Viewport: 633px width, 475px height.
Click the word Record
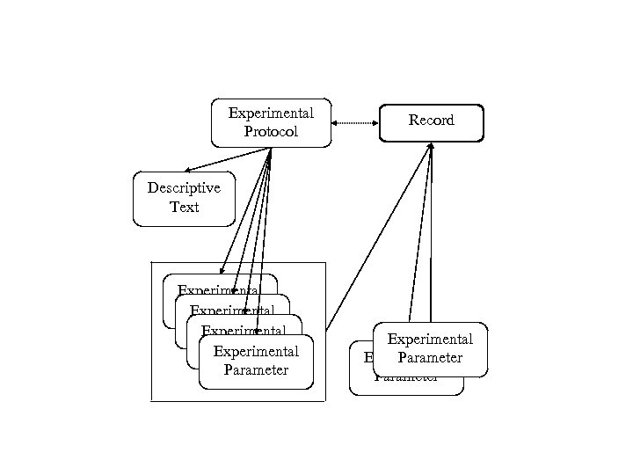click(431, 121)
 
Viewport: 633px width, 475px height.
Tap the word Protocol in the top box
click(271, 132)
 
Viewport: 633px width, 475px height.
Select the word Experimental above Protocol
click(271, 113)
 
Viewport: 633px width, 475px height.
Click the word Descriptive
click(184, 187)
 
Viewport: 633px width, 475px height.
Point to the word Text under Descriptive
click(184, 208)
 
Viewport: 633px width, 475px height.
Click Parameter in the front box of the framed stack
click(256, 369)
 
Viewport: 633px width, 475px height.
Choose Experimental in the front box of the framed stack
click(256, 352)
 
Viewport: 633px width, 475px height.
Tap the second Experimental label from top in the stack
click(232, 310)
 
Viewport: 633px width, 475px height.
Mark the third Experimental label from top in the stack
click(244, 331)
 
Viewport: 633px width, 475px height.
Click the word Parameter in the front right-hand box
click(430, 358)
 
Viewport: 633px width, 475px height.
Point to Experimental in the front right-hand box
click(430, 340)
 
